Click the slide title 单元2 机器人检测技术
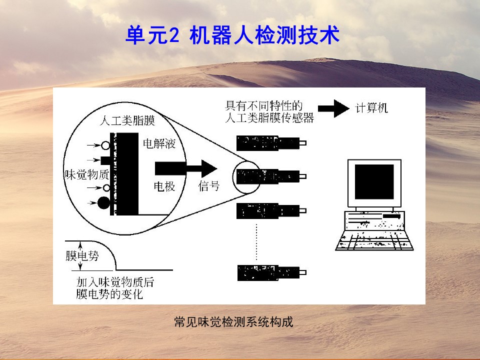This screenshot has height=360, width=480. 232,35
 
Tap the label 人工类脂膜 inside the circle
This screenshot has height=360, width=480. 127,120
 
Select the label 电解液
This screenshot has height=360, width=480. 159,143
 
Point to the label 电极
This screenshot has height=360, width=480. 164,186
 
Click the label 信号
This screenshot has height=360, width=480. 209,186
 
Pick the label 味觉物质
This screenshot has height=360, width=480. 87,174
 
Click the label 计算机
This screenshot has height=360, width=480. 371,108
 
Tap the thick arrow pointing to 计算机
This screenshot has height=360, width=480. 333,108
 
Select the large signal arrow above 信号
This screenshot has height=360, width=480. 186,168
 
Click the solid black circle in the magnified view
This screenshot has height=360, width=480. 103,203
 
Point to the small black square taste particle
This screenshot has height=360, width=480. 105,160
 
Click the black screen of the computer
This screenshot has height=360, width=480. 374,182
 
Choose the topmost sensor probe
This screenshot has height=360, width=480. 271,143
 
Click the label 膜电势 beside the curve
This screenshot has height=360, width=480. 82,255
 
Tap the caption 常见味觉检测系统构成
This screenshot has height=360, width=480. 233,321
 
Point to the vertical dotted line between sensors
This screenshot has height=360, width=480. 256,242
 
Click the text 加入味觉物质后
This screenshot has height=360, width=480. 115,282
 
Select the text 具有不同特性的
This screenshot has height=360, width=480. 264,106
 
